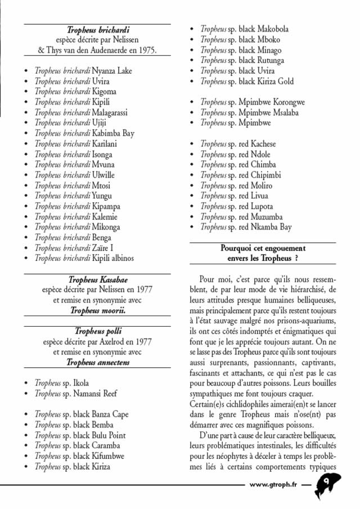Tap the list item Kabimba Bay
(x=84, y=133)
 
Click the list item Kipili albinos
(x=84, y=258)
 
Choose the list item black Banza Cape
(x=81, y=415)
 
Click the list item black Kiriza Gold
(x=247, y=82)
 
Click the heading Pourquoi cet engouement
(x=263, y=248)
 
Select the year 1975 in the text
(x=146, y=50)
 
